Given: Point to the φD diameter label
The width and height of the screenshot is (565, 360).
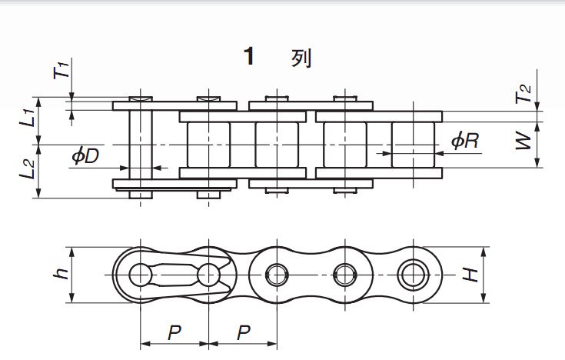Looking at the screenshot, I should (85, 156).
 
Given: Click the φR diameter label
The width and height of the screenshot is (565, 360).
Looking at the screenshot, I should (465, 141).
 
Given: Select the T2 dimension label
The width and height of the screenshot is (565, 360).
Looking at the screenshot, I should (523, 95).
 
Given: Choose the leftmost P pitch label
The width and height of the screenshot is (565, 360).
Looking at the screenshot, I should (174, 333).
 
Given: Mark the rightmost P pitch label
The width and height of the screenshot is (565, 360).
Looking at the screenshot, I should (244, 333).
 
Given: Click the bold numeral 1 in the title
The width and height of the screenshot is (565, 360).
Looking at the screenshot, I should (248, 57).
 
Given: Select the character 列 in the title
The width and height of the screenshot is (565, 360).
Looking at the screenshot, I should (301, 58).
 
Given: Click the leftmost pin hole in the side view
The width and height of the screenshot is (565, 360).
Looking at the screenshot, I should (140, 275).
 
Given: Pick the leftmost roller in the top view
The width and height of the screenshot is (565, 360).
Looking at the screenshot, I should (208, 145).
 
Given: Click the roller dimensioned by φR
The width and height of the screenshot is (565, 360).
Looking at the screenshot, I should (415, 145).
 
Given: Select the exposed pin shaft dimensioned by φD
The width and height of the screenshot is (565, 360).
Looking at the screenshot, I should (140, 145).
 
